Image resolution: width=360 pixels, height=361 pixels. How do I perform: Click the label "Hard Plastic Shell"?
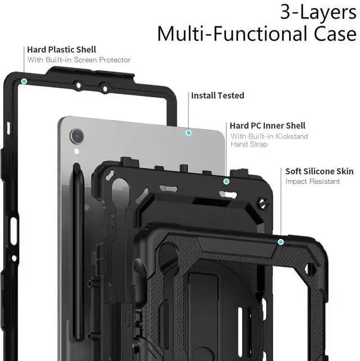[x=61, y=50]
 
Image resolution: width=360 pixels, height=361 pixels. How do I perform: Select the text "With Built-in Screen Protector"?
[x=79, y=60]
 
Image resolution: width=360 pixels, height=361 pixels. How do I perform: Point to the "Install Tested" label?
[x=217, y=96]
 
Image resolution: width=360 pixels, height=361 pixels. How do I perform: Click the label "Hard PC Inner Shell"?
[x=267, y=126]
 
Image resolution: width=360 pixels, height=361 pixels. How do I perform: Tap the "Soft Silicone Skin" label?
[x=319, y=172]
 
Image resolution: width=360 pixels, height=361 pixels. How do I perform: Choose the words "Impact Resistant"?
[x=312, y=182]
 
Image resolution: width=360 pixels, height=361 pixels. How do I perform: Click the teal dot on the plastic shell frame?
[x=24, y=82]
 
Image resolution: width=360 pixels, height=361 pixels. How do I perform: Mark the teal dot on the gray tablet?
[x=188, y=133]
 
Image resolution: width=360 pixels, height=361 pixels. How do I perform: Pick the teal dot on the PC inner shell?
[x=226, y=181]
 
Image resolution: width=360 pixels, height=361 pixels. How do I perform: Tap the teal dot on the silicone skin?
[x=280, y=241]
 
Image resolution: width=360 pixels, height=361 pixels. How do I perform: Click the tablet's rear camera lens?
[x=76, y=135]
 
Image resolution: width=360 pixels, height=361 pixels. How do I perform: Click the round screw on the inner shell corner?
[x=261, y=203]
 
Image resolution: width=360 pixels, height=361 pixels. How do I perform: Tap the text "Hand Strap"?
[x=249, y=145]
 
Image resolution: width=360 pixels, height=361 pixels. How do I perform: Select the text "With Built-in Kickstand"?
[x=268, y=136]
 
